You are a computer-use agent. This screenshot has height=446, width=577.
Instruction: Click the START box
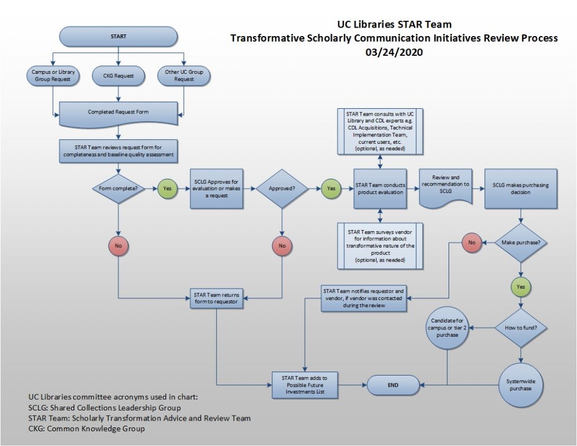(118, 37)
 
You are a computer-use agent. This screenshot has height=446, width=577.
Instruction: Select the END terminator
(393, 385)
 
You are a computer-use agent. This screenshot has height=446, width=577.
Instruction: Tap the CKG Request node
(118, 76)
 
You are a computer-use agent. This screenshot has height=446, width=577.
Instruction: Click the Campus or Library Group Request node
(52, 76)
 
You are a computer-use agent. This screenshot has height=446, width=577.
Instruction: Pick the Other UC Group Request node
(184, 76)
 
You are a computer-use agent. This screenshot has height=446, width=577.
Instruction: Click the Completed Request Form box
(118, 112)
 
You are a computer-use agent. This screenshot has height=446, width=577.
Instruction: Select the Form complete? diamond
(118, 188)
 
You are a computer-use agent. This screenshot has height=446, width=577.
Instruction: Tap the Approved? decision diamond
(281, 188)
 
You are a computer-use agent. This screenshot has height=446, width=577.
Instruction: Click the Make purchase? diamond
(521, 243)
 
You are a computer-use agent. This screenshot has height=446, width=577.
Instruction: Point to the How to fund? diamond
(521, 327)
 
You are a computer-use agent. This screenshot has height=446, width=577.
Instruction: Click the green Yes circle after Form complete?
(167, 188)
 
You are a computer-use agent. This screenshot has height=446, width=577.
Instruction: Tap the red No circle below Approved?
(281, 245)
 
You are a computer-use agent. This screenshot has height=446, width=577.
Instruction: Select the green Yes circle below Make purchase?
(521, 286)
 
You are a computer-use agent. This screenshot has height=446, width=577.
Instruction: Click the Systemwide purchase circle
(521, 385)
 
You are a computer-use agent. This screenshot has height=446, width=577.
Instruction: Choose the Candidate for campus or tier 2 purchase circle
(448, 327)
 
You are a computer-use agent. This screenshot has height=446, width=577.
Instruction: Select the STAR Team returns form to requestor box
(216, 298)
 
